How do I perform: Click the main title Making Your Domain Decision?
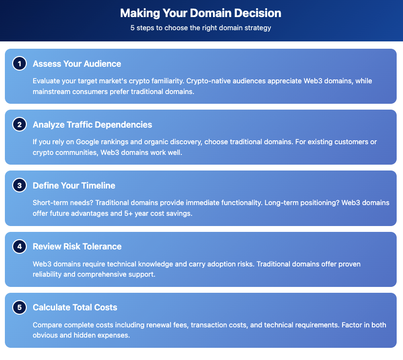(201, 13)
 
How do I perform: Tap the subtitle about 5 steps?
(201, 28)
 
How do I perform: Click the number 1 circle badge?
(19, 64)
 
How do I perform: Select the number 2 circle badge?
(19, 125)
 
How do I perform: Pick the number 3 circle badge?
(19, 186)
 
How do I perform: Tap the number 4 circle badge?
(19, 246)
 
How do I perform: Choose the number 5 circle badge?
(19, 307)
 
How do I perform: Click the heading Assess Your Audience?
(77, 64)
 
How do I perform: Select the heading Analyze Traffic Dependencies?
(93, 125)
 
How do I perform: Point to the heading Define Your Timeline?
(74, 186)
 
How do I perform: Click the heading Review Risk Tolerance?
(77, 246)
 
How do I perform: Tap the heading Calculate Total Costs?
(75, 307)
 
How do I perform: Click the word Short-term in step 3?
(51, 203)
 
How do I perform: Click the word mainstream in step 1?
(51, 91)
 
